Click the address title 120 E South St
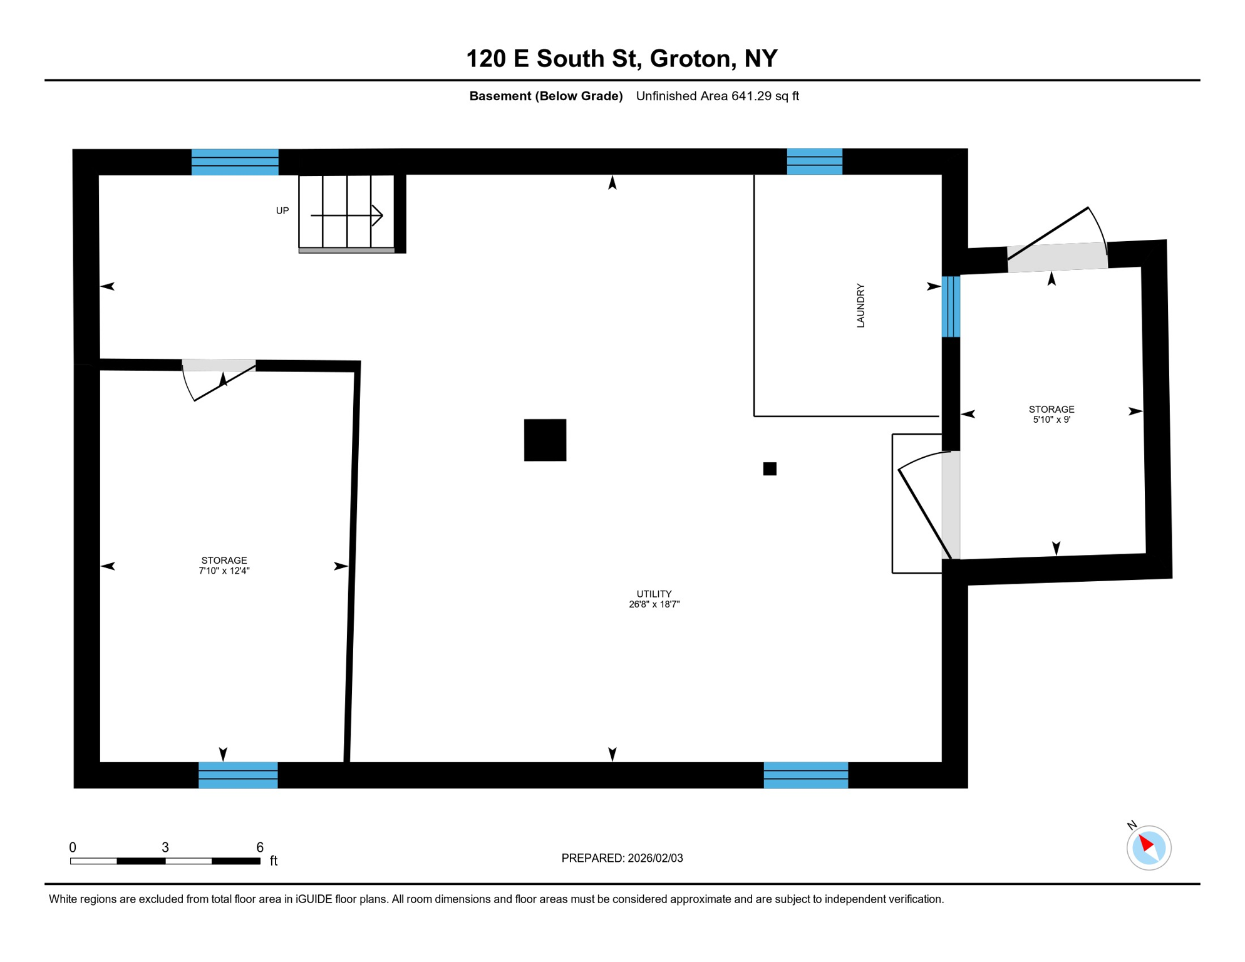(x=621, y=58)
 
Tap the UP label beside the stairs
(x=282, y=211)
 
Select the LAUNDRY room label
(x=860, y=306)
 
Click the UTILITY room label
(x=654, y=594)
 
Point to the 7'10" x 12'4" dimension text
(x=224, y=571)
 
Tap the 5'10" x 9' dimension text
(x=1051, y=420)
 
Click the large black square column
(x=545, y=440)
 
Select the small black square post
(x=770, y=468)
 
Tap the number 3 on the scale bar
(x=165, y=847)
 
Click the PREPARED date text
(x=622, y=858)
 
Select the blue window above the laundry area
(x=814, y=162)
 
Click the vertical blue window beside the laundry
(x=951, y=306)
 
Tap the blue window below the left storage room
(x=238, y=775)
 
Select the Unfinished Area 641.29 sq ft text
(x=717, y=96)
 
